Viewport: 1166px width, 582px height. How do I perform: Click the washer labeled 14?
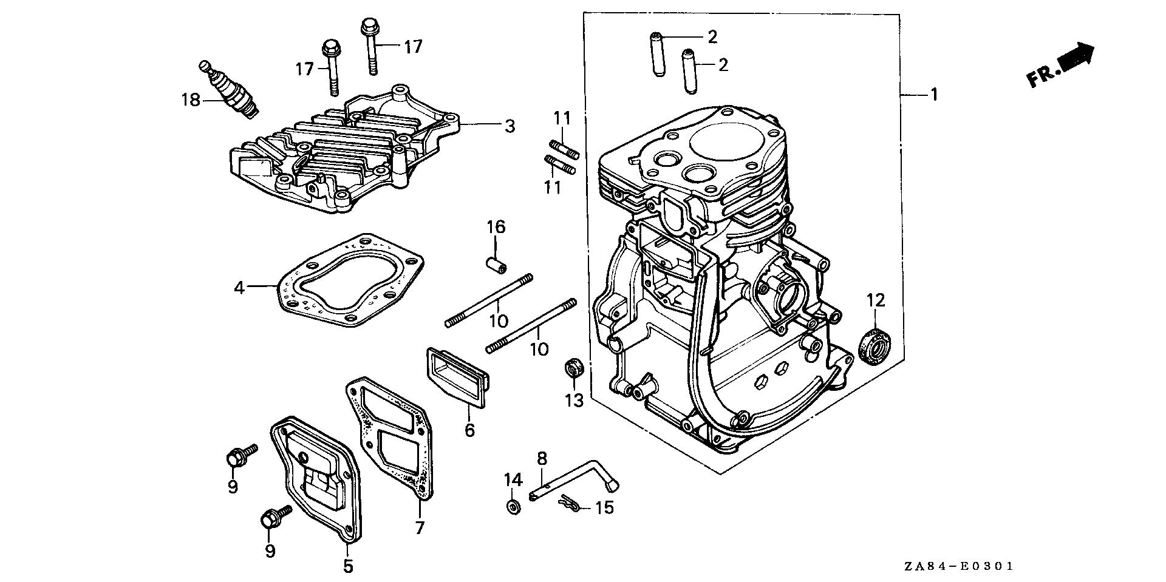[513, 506]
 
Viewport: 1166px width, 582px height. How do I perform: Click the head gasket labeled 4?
[349, 279]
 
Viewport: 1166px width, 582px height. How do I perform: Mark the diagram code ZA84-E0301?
[958, 566]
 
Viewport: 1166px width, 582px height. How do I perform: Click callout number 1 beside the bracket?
[934, 95]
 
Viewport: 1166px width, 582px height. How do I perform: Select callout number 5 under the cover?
[347, 566]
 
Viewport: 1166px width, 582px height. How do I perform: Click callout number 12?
[876, 300]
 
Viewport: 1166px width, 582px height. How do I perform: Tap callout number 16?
[496, 228]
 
